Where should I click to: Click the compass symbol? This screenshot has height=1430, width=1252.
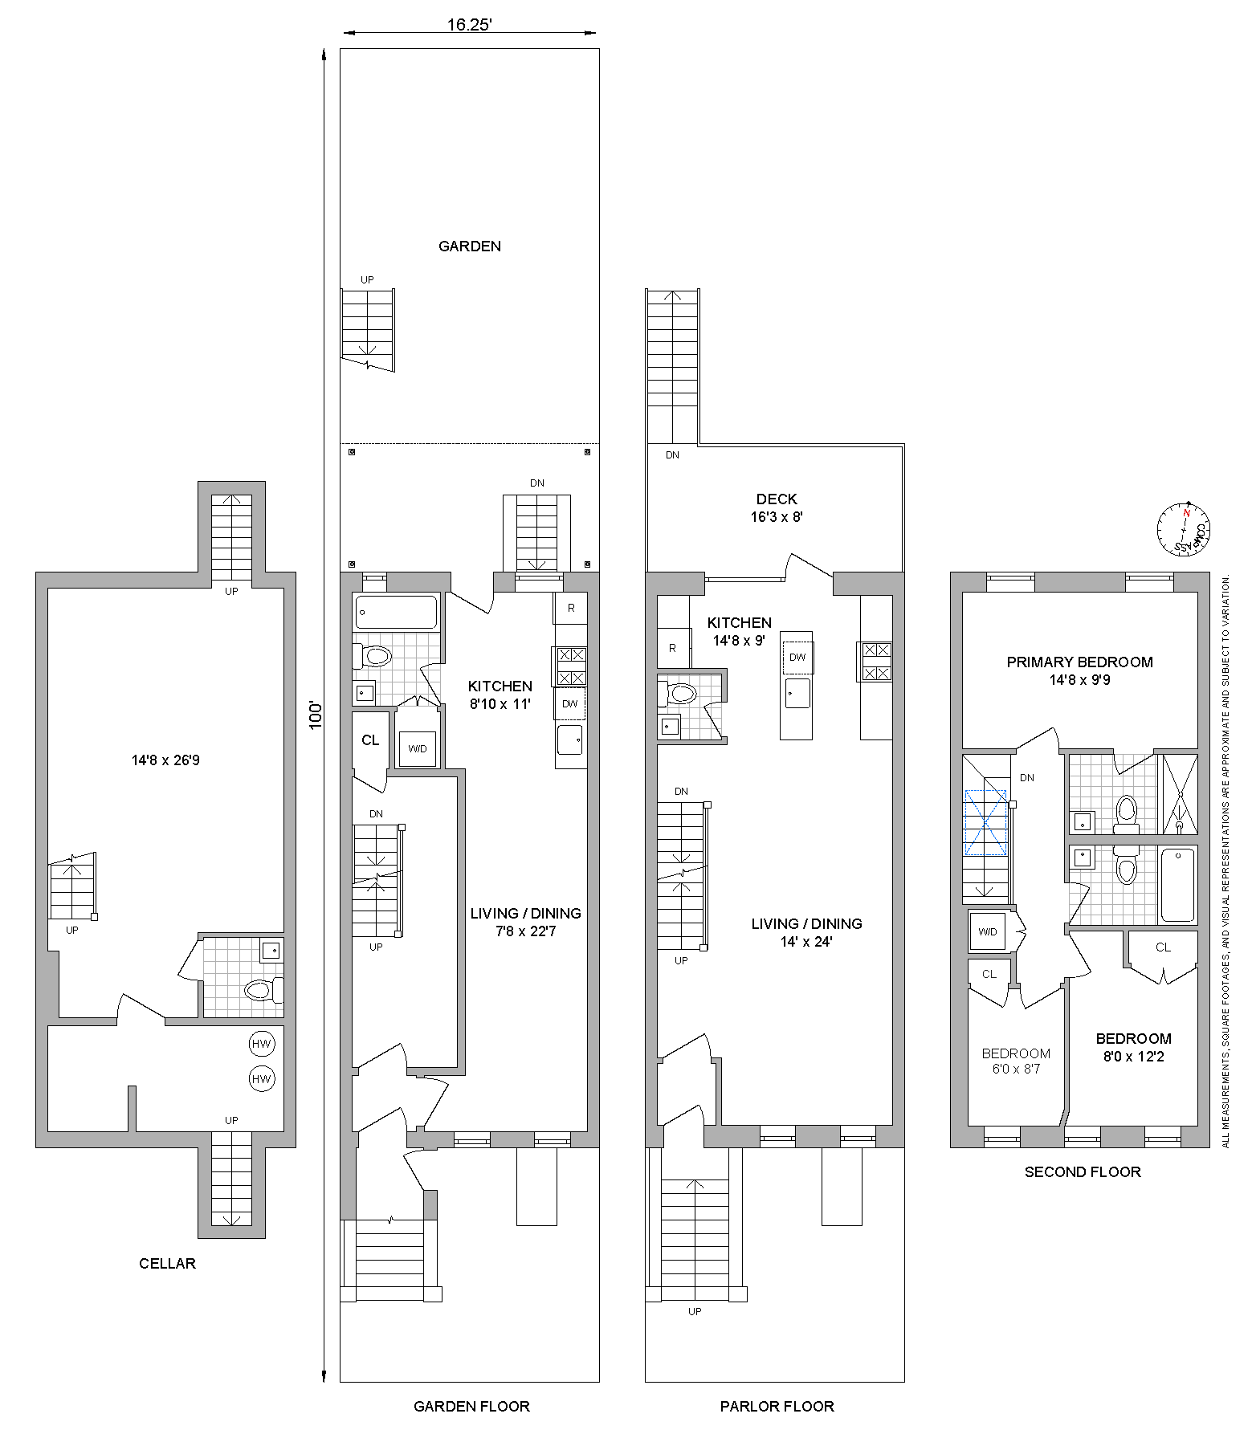pos(1183,529)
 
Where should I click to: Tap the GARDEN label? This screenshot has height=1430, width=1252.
pos(470,246)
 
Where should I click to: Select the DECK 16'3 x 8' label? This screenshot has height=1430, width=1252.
pos(777,508)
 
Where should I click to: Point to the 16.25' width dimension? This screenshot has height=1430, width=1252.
pos(470,25)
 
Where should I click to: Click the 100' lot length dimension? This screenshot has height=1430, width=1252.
pos(316,715)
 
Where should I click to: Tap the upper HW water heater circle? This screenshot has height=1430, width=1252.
pos(262,1044)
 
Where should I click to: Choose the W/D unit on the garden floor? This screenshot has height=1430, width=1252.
pos(418,748)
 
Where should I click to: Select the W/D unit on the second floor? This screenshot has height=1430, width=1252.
pos(988,931)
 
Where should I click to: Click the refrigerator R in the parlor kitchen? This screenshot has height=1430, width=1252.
pos(673,648)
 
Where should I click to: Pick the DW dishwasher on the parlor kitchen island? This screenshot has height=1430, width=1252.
pos(797,657)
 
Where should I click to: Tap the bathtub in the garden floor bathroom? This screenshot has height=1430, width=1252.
pos(396,612)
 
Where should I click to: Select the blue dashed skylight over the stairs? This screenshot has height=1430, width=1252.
pos(985,823)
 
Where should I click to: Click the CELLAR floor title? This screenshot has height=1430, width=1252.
pos(167,1263)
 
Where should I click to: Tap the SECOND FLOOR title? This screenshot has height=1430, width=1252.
pos(1083,1172)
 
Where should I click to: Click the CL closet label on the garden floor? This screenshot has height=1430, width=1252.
pos(370,740)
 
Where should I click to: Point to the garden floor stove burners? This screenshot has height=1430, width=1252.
pos(571,666)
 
